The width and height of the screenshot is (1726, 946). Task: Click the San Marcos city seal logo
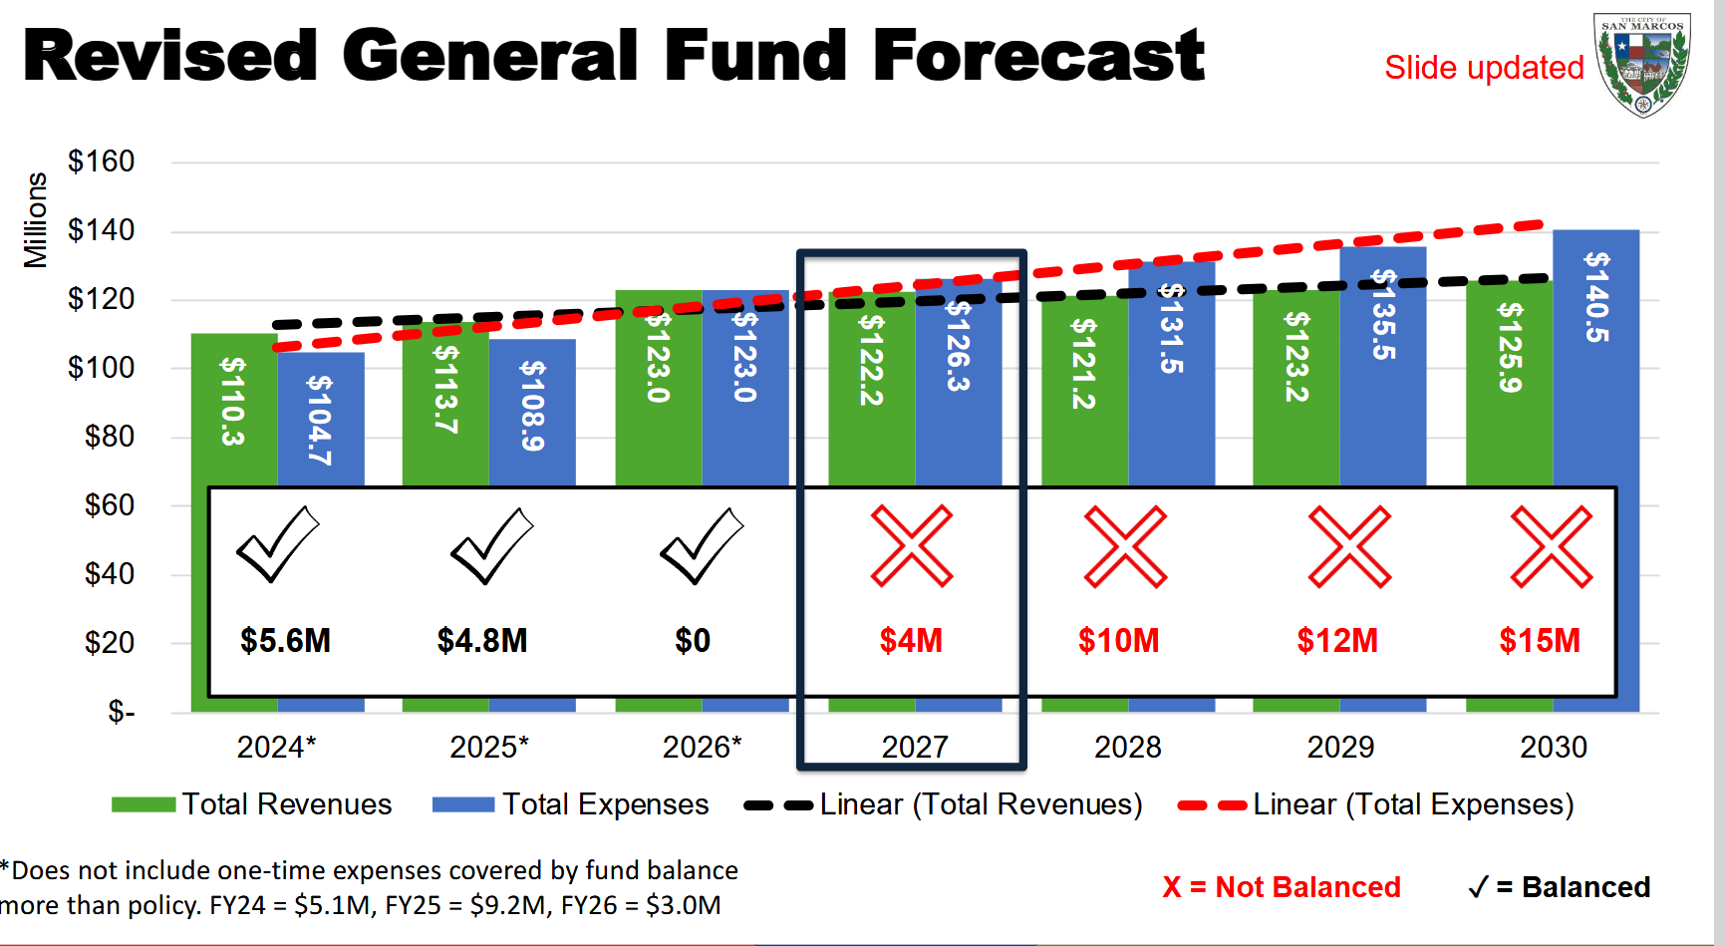[1641, 65]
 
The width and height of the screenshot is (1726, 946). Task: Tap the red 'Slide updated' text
[1484, 68]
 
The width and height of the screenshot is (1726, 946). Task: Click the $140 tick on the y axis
[101, 230]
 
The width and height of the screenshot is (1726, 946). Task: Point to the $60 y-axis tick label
[109, 505]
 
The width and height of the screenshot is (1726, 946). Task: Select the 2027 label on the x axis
[914, 747]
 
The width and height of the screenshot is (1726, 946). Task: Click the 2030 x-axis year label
[1553, 747]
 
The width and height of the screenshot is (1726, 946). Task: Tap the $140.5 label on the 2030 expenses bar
[1596, 297]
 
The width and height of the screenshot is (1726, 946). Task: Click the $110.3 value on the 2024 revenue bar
[233, 401]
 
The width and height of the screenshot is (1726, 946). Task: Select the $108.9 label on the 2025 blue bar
[533, 406]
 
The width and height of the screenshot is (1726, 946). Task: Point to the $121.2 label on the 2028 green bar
[1084, 364]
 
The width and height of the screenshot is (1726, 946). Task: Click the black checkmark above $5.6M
[278, 543]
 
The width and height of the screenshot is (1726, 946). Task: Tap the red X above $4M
[912, 545]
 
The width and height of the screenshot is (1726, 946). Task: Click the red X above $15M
[1552, 545]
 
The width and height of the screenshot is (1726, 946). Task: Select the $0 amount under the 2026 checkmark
[693, 640]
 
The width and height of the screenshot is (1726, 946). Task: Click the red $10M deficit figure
[1118, 640]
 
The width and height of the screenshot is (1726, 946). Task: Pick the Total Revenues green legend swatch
[144, 804]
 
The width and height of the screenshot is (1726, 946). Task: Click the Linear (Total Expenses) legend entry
[1375, 804]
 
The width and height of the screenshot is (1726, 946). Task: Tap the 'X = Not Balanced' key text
[1281, 886]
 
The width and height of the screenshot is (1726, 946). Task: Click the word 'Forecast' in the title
[1038, 56]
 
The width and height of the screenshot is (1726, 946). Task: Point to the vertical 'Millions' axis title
[36, 220]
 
